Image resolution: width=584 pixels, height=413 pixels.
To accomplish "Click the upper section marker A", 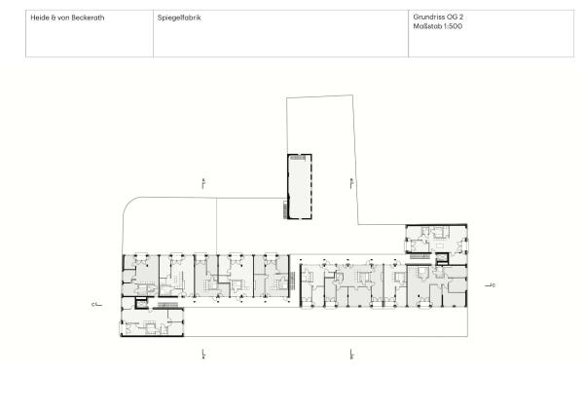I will click(203, 182).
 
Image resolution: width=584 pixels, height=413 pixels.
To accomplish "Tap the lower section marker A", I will click(203, 354).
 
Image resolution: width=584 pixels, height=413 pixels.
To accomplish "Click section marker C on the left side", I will click(95, 305).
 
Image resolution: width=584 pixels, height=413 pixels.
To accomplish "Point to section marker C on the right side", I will click(493, 285).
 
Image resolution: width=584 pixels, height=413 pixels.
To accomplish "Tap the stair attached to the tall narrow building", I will click(286, 207).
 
